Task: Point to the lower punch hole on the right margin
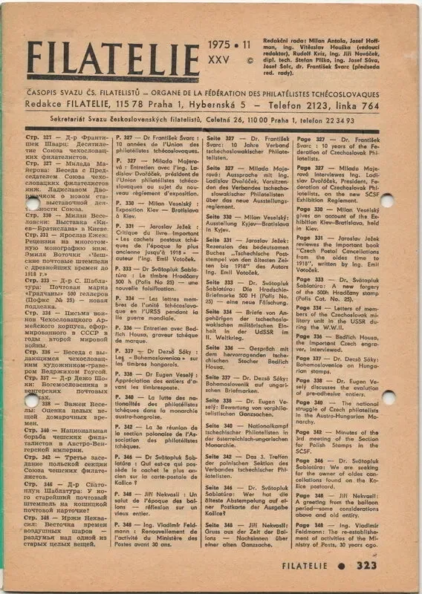388,397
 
